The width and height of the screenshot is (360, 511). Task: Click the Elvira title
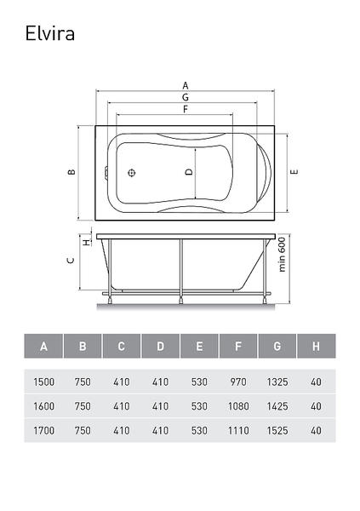50,33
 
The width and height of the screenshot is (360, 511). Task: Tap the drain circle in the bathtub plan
132,173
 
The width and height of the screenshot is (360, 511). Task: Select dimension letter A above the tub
186,86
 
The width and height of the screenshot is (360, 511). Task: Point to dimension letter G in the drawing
186,97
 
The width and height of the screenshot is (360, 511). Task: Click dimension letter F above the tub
186,109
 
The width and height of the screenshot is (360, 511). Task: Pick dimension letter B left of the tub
71,172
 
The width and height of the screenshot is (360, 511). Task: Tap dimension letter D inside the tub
189,172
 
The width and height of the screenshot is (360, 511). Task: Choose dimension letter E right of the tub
294,172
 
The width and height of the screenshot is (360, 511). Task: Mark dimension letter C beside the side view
71,261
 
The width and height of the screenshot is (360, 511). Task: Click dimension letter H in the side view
86,243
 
